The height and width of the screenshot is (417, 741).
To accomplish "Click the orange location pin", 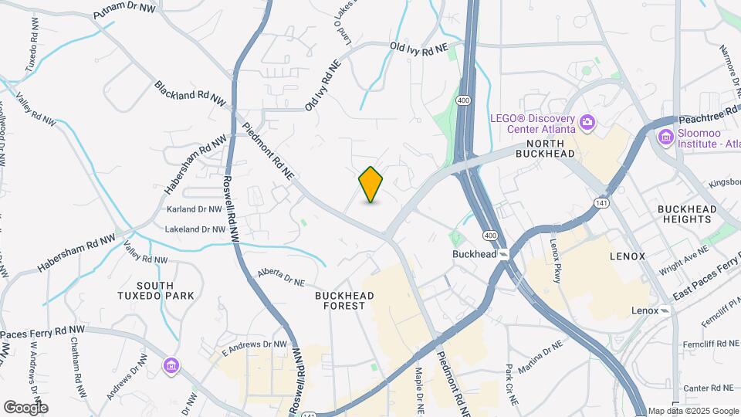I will [x=370, y=185].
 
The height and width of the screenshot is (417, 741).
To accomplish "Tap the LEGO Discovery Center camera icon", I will [x=587, y=121].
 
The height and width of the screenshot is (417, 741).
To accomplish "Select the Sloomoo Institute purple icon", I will [x=665, y=137].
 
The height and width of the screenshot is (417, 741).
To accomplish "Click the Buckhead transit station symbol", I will [x=503, y=254].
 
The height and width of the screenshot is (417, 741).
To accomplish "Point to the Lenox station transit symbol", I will [x=666, y=310].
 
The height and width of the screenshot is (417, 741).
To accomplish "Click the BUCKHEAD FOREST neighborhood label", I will [x=345, y=300].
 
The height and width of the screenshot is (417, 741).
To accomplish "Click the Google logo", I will [x=25, y=407].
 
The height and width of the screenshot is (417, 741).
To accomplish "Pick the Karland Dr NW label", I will [x=194, y=209].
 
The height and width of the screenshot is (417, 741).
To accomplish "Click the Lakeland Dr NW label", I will [x=195, y=229].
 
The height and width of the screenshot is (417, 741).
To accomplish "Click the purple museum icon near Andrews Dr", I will [x=171, y=365].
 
